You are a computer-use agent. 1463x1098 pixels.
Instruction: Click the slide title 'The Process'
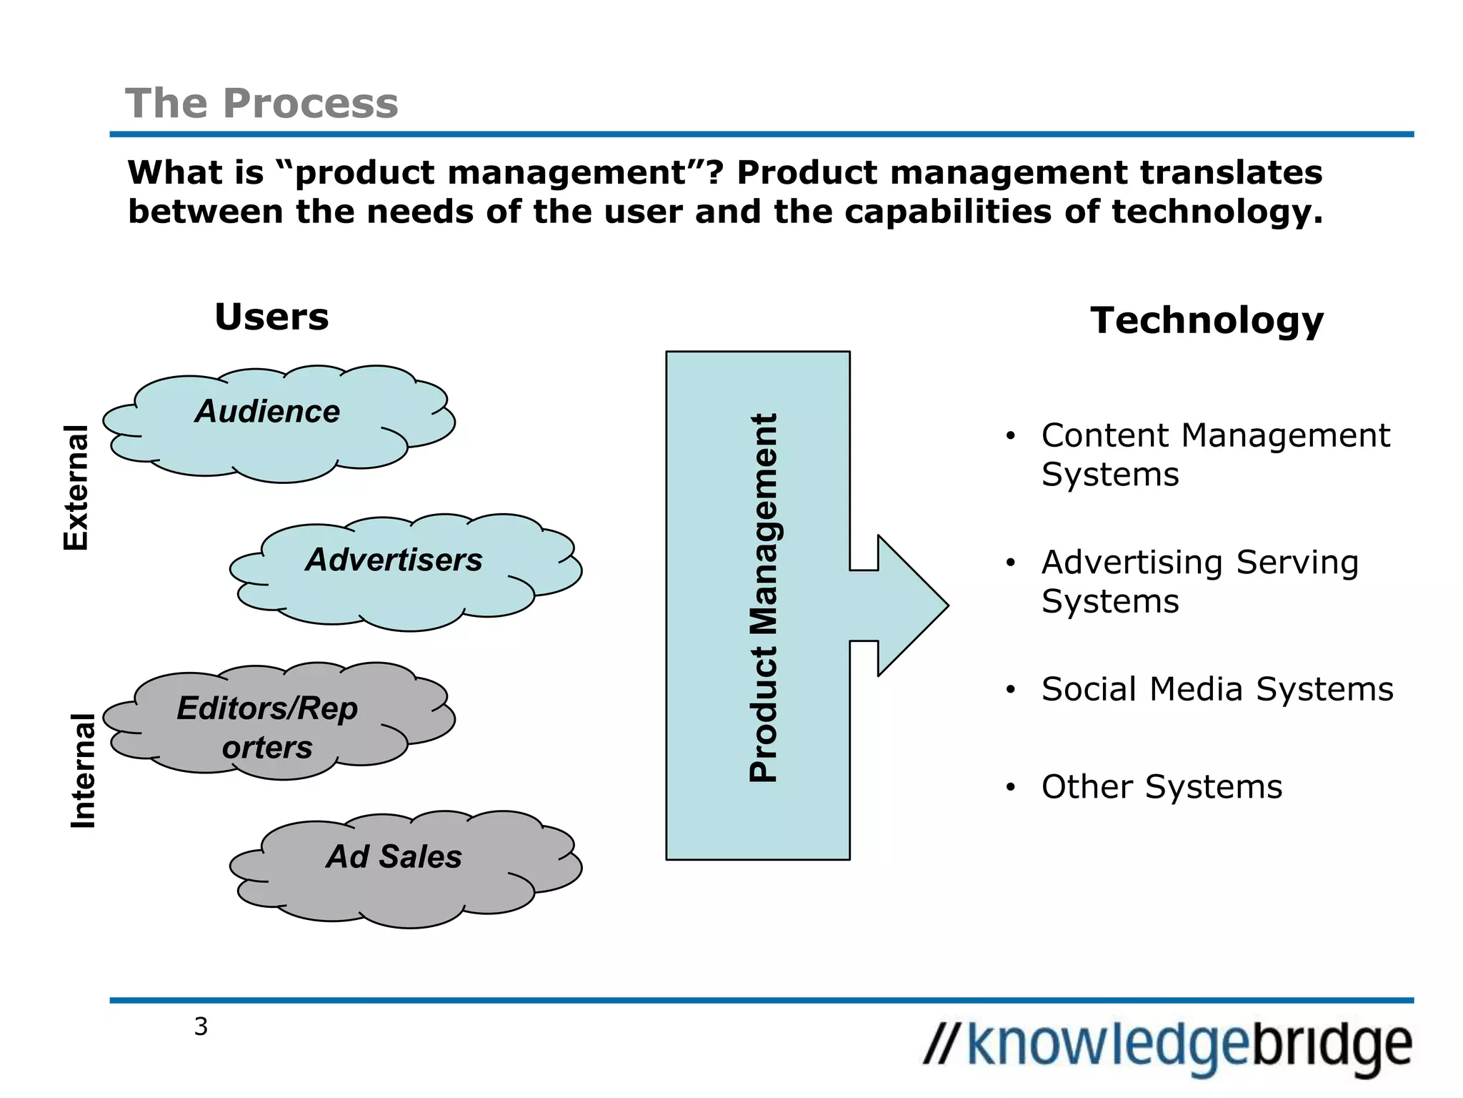pyautogui.click(x=261, y=104)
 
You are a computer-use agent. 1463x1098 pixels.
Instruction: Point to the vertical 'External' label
pyautogui.click(x=76, y=488)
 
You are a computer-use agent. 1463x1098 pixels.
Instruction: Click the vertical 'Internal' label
pyautogui.click(x=84, y=771)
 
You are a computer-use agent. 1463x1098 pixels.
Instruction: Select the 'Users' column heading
pyautogui.click(x=271, y=317)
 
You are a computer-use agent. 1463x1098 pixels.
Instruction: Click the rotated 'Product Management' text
pyautogui.click(x=764, y=598)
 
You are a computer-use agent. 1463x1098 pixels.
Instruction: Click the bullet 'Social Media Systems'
pyautogui.click(x=1217, y=689)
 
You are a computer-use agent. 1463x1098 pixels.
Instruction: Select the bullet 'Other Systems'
pyautogui.click(x=1162, y=786)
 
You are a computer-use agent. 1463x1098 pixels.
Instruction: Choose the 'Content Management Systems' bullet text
pyautogui.click(x=1214, y=455)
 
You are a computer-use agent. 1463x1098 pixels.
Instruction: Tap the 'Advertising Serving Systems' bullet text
pyautogui.click(x=1199, y=581)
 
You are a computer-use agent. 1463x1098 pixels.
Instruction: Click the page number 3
pyautogui.click(x=201, y=1027)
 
